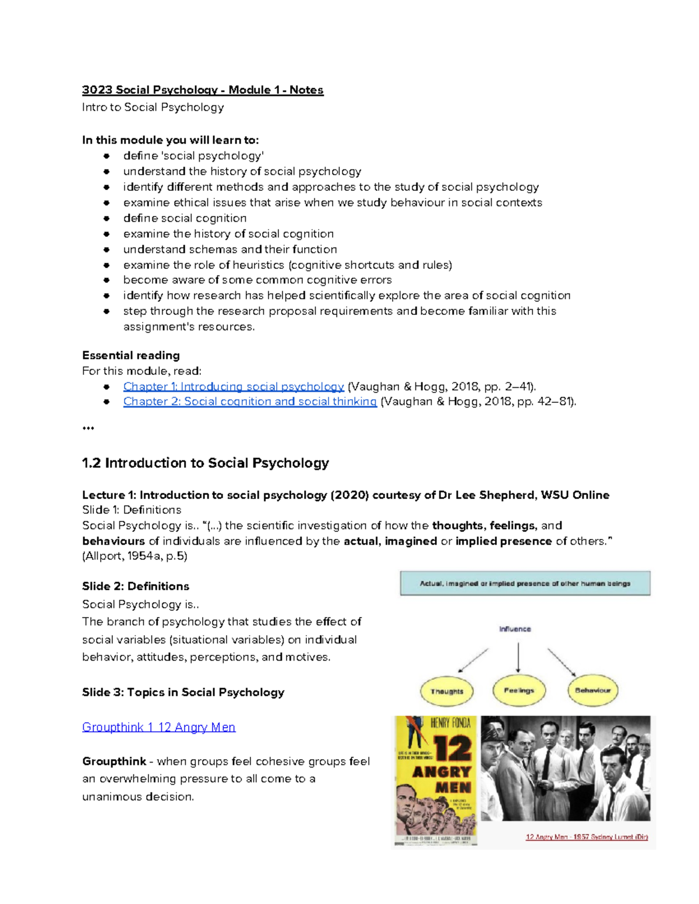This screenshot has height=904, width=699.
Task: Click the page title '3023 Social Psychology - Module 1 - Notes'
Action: (203, 90)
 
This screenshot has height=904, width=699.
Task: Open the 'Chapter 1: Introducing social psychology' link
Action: (234, 387)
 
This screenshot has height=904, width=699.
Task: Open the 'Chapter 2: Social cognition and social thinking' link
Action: (250, 402)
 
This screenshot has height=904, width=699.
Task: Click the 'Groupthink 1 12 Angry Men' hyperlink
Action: (158, 727)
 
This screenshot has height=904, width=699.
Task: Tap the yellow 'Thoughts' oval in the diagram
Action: (447, 692)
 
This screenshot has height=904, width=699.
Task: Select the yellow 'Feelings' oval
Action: (518, 690)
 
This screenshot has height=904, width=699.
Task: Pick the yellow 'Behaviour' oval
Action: (592, 690)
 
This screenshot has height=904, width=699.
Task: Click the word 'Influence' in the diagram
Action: (515, 629)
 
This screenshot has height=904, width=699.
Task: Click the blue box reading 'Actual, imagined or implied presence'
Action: (525, 583)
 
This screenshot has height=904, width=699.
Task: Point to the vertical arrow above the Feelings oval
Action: (518, 657)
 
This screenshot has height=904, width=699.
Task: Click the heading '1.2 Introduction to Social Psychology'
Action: (205, 463)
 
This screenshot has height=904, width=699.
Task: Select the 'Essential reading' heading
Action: (131, 355)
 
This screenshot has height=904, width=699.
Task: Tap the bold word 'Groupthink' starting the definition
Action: (114, 761)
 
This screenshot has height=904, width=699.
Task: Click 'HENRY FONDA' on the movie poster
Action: (450, 723)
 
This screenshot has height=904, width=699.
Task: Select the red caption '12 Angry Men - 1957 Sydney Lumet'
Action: (587, 837)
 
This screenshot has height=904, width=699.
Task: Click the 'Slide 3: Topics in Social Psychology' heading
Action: (183, 692)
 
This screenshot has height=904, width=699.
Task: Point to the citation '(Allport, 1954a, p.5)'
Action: (135, 556)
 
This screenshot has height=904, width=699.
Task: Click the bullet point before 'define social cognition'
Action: (107, 218)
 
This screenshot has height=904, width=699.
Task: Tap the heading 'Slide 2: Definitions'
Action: (136, 586)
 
